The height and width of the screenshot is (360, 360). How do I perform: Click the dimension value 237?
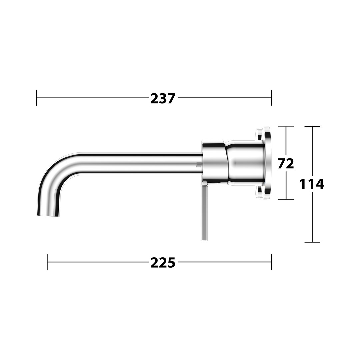click(163, 98)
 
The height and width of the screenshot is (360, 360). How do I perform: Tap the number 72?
click(286, 163)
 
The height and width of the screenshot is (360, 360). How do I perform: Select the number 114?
click(312, 184)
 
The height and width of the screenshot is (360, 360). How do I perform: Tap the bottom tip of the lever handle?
click(205, 241)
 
